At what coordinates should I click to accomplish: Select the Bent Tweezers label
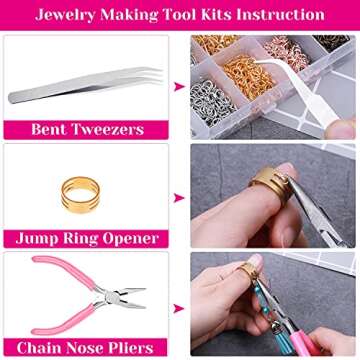[x=88, y=129]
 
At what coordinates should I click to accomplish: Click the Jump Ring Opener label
[x=88, y=239]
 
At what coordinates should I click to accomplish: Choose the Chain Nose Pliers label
[x=88, y=347]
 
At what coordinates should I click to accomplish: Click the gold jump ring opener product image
[x=87, y=186]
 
